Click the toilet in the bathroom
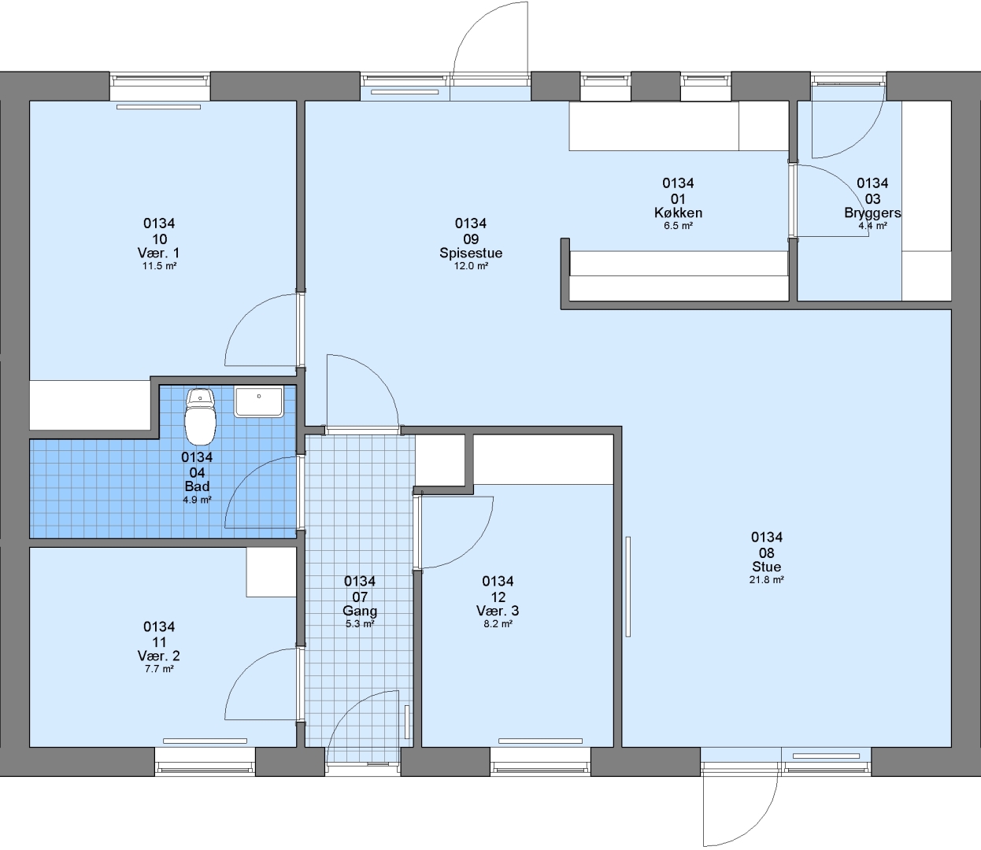click(200, 416)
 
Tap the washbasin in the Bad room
click(259, 401)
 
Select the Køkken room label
click(678, 213)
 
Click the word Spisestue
click(471, 253)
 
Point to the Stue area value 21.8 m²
click(767, 579)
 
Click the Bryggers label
click(872, 213)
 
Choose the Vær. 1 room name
click(159, 253)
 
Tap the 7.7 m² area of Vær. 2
click(159, 669)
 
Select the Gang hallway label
click(360, 611)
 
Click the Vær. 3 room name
click(498, 611)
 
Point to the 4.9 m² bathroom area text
click(197, 500)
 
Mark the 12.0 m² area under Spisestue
click(471, 266)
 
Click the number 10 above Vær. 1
click(160, 238)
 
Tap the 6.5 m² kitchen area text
click(678, 225)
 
